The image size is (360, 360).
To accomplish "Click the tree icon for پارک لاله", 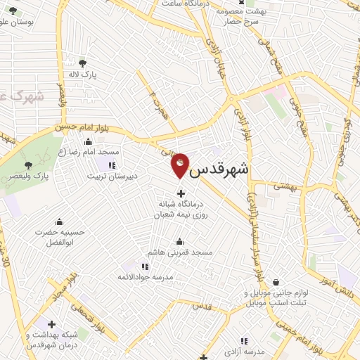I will pos(84,63).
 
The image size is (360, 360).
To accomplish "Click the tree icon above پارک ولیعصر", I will pos(28,165).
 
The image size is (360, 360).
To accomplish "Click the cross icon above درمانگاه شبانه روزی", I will pos(181,193).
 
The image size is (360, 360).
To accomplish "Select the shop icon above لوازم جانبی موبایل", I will pos(275,281).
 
